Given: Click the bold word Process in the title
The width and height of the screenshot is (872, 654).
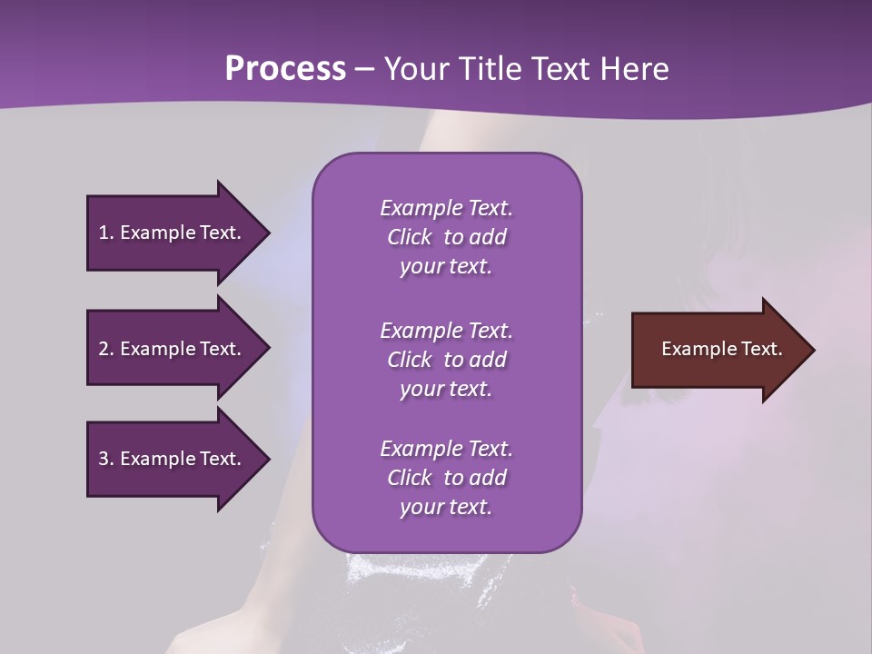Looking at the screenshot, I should [285, 69].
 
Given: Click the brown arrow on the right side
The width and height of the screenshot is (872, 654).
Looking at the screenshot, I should [718, 350].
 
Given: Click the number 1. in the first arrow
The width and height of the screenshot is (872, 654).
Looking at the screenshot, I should [106, 233].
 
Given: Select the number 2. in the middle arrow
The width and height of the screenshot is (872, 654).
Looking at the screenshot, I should [106, 349].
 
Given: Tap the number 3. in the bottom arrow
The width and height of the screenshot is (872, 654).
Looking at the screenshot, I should [106, 459].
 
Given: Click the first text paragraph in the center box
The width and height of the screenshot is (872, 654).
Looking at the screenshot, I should [446, 237].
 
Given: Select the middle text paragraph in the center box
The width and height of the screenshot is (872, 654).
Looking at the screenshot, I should [446, 359].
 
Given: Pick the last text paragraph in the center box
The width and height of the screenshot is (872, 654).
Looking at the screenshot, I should [446, 478].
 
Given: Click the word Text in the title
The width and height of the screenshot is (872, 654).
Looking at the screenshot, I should [562, 69].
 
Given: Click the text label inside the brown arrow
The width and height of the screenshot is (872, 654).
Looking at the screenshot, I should [721, 349].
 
